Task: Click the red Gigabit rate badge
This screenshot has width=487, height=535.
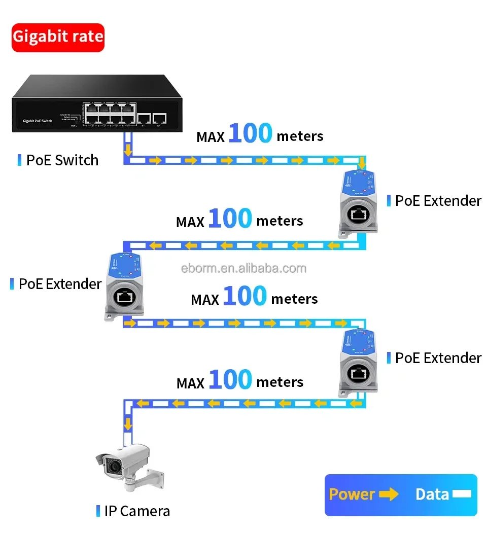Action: [58, 37]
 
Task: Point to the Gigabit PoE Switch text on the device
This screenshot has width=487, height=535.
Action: [38, 121]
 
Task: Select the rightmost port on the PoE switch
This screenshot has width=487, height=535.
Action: [160, 119]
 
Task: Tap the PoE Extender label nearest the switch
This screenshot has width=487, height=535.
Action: [438, 201]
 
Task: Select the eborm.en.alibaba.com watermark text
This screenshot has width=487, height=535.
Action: [243, 268]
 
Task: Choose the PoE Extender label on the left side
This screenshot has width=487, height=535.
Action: [60, 284]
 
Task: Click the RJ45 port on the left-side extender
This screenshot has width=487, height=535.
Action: [124, 298]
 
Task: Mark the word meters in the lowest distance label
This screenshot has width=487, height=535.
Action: [280, 382]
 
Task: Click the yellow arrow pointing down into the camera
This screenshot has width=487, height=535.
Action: [129, 423]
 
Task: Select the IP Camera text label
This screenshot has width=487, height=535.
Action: [137, 511]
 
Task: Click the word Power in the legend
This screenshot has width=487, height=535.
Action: [352, 494]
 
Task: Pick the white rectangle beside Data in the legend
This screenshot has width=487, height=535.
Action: [462, 494]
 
